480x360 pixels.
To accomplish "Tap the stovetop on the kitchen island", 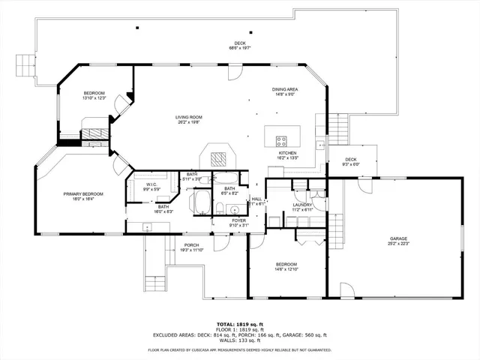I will tap(283, 139).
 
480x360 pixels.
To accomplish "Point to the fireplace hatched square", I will tap(217, 159).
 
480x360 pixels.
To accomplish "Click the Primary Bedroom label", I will tap(83, 196).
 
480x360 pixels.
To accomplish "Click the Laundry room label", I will tap(302, 208).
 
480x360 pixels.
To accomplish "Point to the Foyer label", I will tap(238, 223).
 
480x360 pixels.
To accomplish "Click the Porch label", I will tap(192, 247).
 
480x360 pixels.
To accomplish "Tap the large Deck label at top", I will tap(239, 46).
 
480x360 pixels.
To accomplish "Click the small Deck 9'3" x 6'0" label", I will tap(351, 161).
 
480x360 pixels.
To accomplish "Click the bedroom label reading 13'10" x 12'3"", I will tap(94, 95).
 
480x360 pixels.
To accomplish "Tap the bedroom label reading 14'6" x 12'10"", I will tap(286, 267).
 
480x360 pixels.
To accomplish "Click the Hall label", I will tap(256, 201).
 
